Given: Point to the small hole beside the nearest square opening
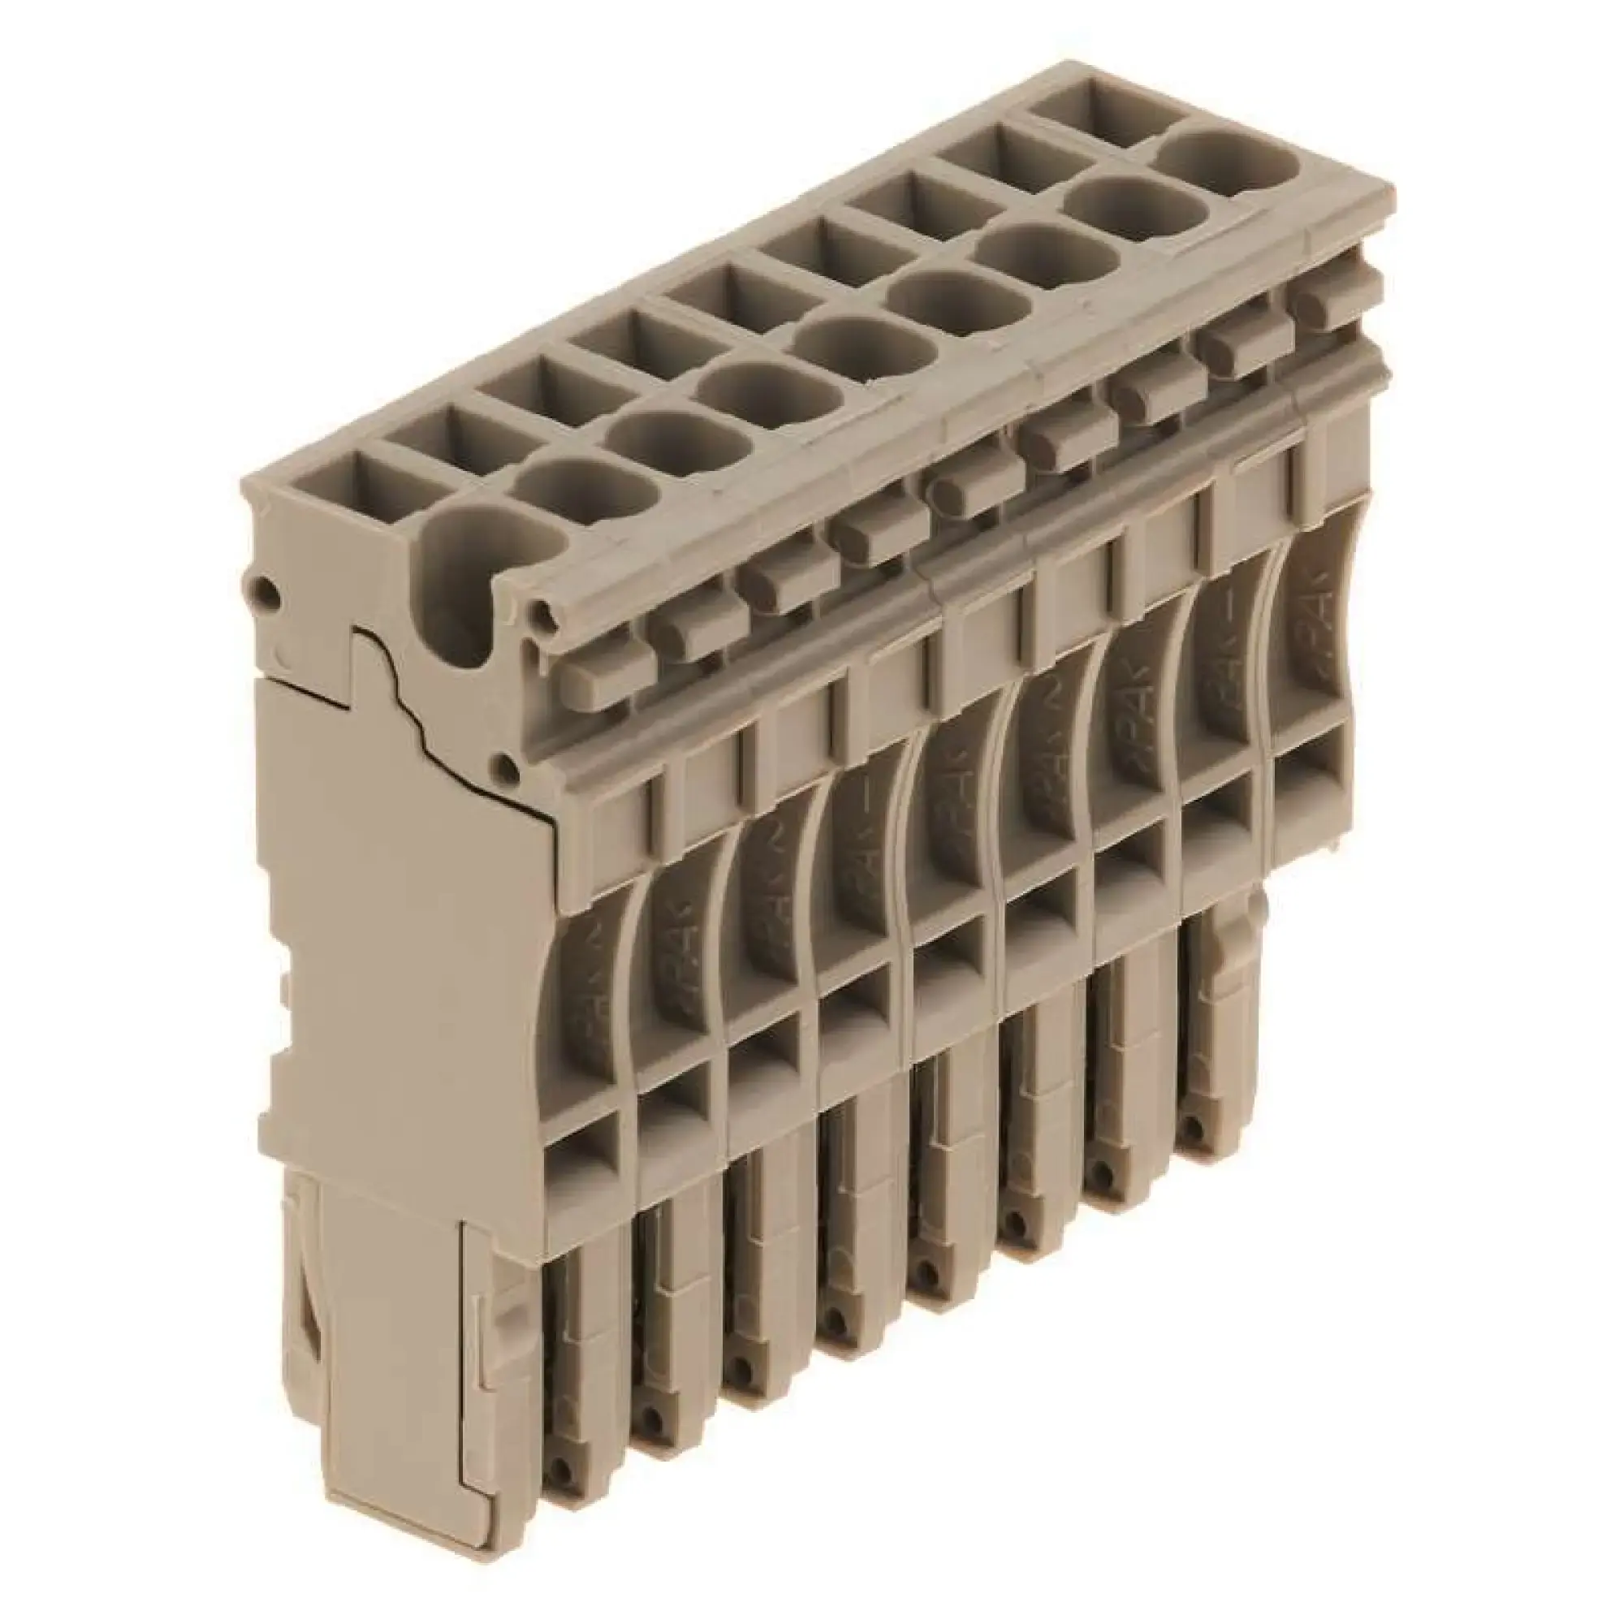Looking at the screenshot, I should (267, 590).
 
